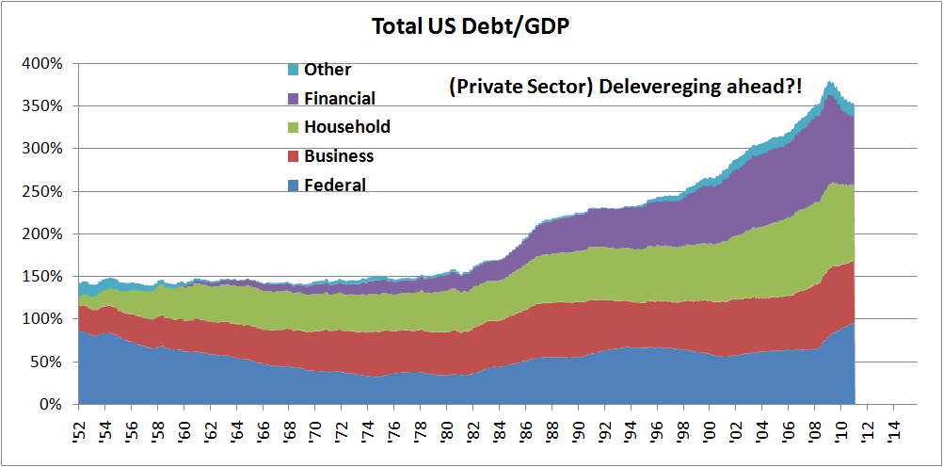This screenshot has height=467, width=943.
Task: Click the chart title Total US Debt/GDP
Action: pos(471,25)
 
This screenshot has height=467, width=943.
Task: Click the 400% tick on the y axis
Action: pos(42,64)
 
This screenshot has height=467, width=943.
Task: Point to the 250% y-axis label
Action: pos(42,191)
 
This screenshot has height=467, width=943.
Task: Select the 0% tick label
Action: pos(49,405)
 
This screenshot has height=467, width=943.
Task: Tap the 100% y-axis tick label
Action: pos(42,319)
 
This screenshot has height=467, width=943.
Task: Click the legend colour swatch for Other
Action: pos(293,70)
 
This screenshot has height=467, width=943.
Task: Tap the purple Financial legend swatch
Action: pos(293,99)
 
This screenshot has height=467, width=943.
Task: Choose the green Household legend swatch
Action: pos(293,127)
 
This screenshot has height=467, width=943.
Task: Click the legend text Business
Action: pos(339,156)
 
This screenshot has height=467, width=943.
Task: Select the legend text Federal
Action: pos(335,185)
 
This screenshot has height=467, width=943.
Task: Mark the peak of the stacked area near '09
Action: pos(830,83)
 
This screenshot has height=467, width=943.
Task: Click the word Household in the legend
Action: pos(347,127)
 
